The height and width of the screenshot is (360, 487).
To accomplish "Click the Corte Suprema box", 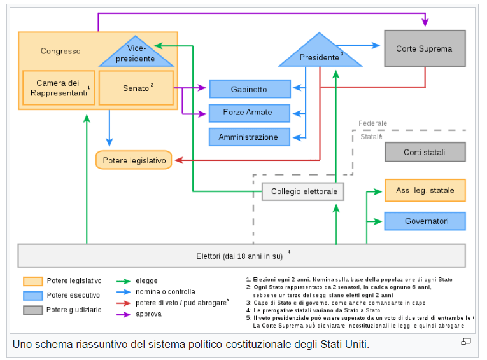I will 425,48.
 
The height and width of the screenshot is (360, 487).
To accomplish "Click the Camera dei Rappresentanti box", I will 59,88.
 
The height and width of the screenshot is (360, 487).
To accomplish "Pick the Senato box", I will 136,88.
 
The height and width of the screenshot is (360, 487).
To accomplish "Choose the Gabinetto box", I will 250,89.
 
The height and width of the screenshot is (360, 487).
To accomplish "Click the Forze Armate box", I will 250,113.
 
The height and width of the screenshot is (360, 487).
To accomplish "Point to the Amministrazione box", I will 250,137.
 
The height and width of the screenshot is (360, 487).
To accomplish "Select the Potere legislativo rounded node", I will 134,160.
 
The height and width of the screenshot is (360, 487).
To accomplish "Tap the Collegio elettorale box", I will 304,191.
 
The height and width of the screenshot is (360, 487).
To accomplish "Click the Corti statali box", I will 425,152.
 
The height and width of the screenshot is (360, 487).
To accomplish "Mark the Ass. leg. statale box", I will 425,190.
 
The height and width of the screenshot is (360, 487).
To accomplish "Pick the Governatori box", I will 425,221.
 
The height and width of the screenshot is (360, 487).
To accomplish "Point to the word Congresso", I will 60,51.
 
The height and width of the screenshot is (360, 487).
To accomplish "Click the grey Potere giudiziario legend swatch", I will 33,310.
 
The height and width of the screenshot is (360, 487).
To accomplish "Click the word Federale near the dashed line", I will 372,123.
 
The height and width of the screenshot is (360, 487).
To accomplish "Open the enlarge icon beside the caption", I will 466,342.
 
